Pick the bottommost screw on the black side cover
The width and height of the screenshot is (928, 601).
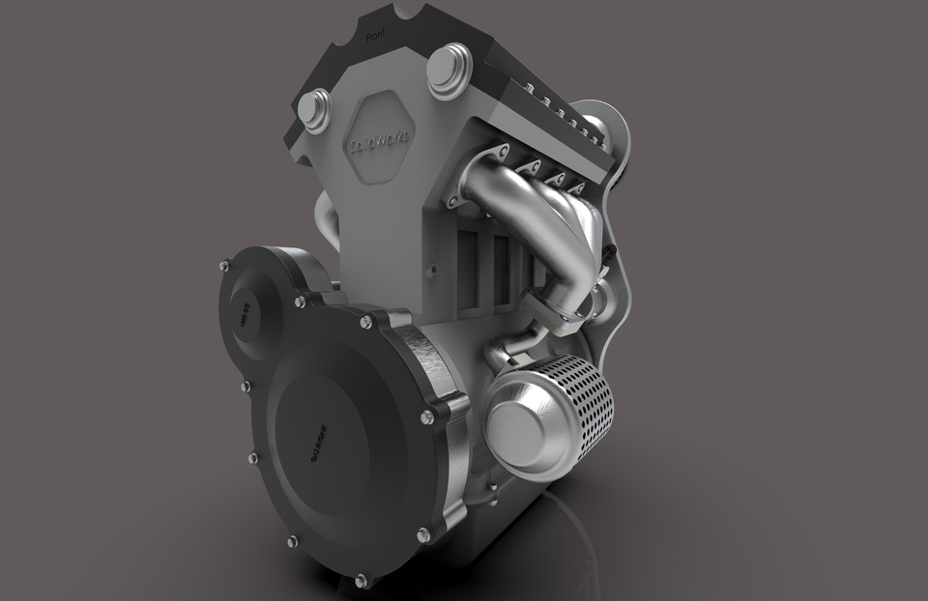361,581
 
